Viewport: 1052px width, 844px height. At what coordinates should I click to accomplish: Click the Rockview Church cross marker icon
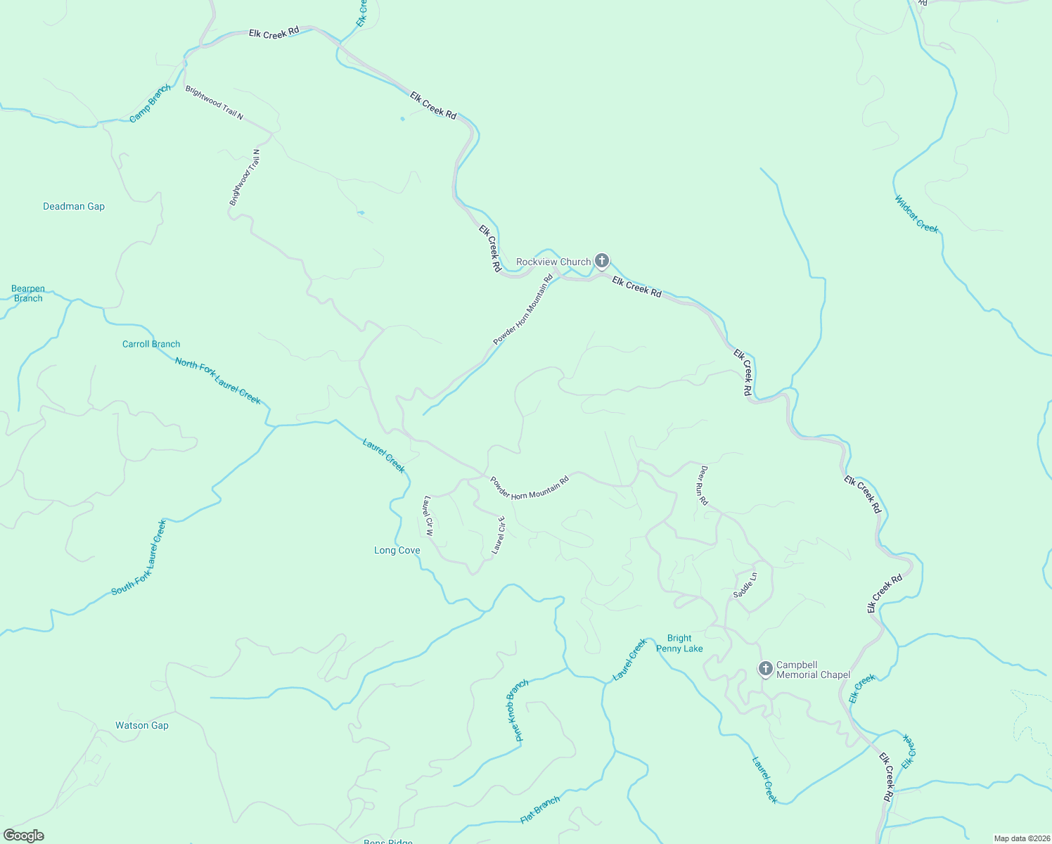(602, 261)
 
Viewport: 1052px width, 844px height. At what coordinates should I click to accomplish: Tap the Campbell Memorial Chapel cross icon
(766, 668)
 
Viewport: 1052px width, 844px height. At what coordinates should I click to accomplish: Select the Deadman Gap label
(74, 206)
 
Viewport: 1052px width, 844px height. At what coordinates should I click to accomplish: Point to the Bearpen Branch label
(28, 293)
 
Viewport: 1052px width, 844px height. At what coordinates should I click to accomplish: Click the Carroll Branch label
(151, 344)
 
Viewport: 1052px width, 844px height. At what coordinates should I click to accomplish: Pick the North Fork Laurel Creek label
(218, 381)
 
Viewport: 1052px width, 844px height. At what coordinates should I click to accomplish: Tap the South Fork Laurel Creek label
(139, 558)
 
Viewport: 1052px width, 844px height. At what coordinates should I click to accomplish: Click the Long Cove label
(397, 551)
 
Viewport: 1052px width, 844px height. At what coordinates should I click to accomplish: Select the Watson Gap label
(142, 725)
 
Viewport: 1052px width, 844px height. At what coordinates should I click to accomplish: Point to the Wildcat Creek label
(916, 214)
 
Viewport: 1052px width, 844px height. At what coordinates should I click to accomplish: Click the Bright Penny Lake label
(679, 644)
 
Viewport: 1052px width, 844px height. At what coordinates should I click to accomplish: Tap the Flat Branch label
(540, 810)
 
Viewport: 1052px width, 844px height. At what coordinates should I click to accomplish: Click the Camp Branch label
(150, 103)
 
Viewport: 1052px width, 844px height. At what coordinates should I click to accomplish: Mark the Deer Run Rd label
(703, 485)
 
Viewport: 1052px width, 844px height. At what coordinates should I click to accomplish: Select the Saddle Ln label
(745, 585)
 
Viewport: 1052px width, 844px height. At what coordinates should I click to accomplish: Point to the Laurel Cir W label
(428, 517)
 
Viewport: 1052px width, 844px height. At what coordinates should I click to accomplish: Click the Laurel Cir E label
(499, 535)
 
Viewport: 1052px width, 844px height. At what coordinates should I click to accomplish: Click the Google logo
(23, 836)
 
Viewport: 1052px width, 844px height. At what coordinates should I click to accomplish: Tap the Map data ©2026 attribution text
(1021, 838)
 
